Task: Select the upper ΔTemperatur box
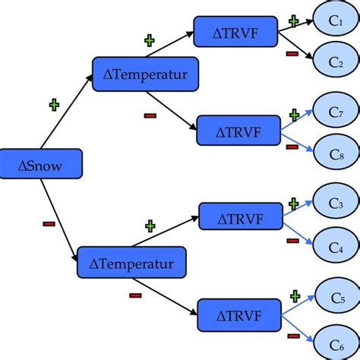pos(144,74)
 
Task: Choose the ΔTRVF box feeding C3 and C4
pos(241,218)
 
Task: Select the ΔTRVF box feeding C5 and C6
pos(240,314)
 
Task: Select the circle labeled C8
pos(335,153)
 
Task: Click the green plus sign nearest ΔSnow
pos(53,106)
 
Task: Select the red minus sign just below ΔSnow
pos(49,223)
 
